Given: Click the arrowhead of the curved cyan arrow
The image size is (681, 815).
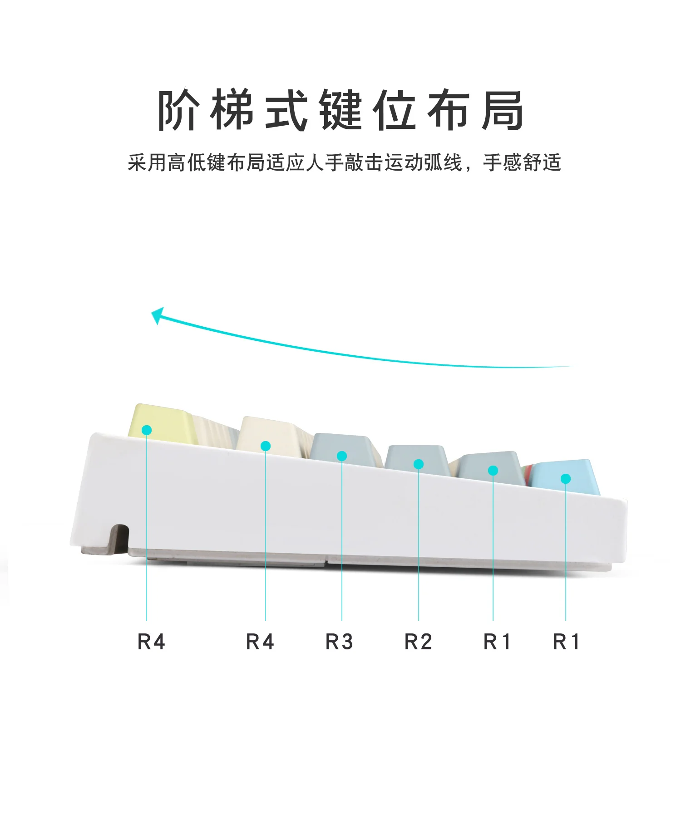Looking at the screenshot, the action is [x=157, y=315].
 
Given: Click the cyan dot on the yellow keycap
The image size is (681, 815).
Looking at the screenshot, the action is [x=147, y=430].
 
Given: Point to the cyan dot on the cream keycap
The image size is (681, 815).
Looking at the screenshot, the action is [x=266, y=446].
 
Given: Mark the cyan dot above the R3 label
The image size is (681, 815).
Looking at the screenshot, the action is [x=342, y=456].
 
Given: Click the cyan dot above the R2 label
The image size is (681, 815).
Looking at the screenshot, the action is [x=419, y=464].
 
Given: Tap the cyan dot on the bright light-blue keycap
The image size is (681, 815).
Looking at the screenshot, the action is [x=566, y=478].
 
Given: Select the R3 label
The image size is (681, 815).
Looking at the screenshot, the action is [x=339, y=642].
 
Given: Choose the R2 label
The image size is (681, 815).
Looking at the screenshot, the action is [x=418, y=642].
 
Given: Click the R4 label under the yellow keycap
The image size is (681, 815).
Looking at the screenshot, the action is [x=151, y=642].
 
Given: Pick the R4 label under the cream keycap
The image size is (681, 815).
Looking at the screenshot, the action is [x=260, y=642].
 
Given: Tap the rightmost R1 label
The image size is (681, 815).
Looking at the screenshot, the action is [x=566, y=642].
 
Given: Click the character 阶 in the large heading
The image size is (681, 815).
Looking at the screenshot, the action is [x=178, y=110].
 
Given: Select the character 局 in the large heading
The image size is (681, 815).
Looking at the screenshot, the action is [x=503, y=110].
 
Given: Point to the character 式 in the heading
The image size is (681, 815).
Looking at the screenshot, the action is [x=286, y=110].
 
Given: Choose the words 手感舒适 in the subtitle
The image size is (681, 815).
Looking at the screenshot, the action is [x=522, y=162].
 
